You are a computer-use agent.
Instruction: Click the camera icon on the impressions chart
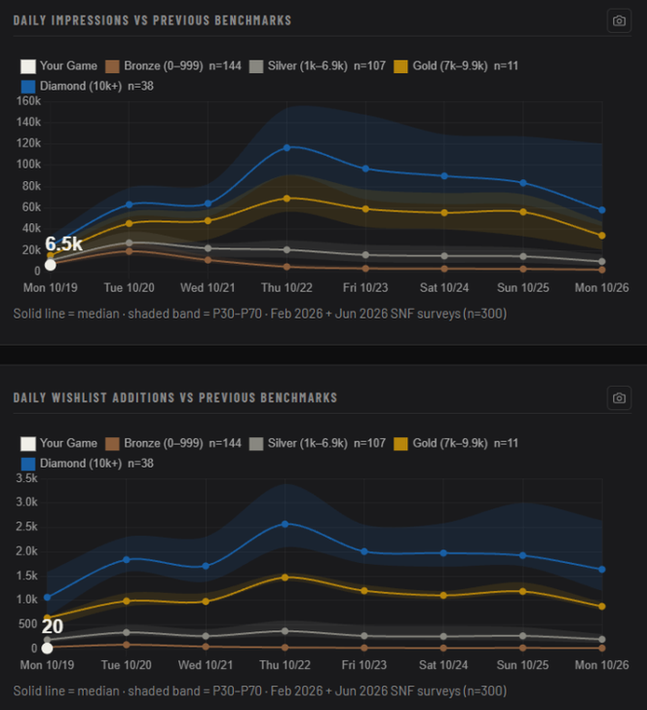619,20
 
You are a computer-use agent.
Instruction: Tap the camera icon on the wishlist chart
619,398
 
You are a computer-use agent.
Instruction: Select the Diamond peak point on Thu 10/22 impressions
286,148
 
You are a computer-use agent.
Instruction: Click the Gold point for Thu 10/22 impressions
286,199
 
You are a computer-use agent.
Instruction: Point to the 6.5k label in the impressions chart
64,243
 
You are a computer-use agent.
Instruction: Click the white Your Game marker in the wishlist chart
47,649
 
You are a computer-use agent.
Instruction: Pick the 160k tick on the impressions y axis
28,101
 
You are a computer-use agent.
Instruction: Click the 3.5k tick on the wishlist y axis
27,478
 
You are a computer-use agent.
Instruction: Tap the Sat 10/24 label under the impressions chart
444,287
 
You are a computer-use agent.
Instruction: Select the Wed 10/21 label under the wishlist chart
206,665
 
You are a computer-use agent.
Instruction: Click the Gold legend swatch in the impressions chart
400,66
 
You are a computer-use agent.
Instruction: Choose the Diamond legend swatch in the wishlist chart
28,465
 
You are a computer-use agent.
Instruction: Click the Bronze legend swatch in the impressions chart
112,66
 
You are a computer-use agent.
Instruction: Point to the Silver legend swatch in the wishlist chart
256,444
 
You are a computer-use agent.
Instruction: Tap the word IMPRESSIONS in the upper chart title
91,20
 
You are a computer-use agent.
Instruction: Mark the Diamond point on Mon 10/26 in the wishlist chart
602,569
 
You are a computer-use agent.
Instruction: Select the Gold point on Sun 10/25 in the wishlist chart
522,591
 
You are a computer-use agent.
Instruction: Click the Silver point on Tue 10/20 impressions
130,243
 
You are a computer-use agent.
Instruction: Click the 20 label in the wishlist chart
53,626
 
